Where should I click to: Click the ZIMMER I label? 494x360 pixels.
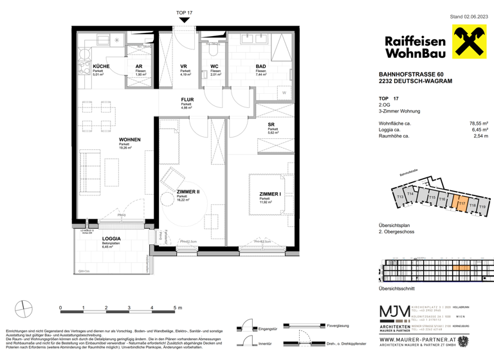point(270,195)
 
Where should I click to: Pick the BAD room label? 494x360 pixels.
point(261,66)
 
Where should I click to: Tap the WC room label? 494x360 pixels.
point(215,66)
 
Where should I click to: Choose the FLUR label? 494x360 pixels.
point(187,100)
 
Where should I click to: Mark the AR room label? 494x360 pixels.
point(138,66)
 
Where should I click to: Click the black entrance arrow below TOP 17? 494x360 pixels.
point(184,21)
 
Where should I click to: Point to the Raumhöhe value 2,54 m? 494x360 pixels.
point(479,137)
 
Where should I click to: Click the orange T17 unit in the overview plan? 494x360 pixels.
point(461,204)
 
